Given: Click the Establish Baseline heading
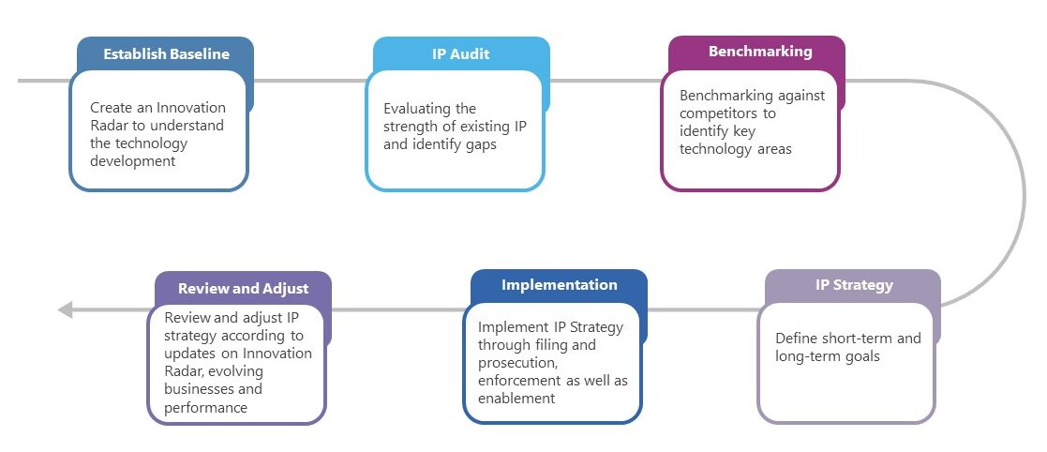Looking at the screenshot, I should coord(166,53).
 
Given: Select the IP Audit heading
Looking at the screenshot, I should coord(460,53).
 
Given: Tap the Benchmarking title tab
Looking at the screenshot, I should coord(759,52).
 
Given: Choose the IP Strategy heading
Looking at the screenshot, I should coord(853,285).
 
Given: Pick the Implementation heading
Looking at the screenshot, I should coord(559,285).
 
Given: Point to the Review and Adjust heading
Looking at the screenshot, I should coord(243,288).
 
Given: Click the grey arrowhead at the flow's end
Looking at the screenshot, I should coord(65,309).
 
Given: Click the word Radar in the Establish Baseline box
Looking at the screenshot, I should coord(111,126).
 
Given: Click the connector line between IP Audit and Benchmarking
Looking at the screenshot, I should coord(607,81).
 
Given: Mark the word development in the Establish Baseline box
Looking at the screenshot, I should coord(133,160).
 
